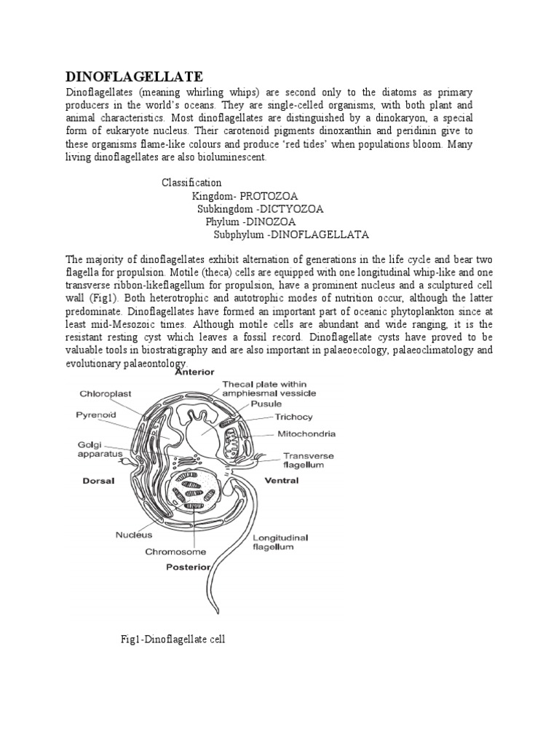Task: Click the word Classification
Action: tap(191, 182)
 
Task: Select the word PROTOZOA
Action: tap(266, 195)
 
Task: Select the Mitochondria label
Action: tap(306, 433)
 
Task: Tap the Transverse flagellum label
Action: tap(309, 460)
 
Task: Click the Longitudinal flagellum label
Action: tap(280, 542)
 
